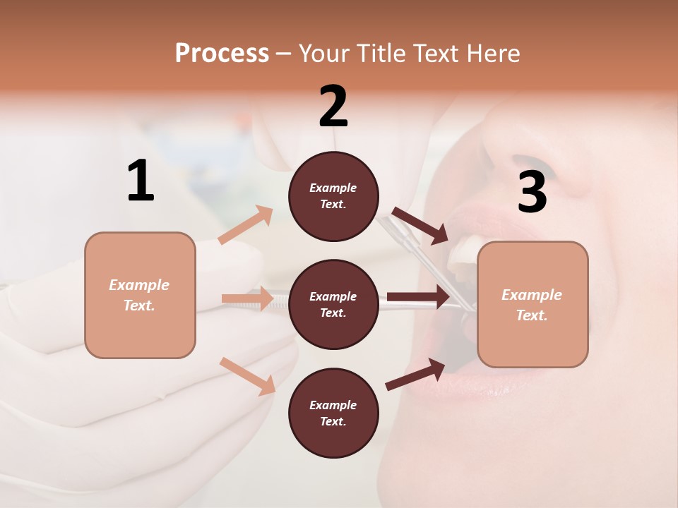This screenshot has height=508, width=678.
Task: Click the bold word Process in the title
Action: click(222, 53)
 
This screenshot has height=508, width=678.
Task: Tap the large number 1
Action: click(141, 181)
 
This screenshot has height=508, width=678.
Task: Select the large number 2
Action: click(333, 107)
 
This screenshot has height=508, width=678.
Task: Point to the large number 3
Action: click(532, 193)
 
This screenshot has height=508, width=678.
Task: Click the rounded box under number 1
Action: click(140, 295)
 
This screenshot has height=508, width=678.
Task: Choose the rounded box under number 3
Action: click(533, 305)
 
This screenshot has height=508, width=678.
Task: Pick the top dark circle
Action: click(333, 196)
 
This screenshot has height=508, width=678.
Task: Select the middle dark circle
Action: click(333, 305)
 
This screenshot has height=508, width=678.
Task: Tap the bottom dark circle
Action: click(333, 413)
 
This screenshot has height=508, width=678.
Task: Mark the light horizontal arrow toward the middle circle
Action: click(247, 298)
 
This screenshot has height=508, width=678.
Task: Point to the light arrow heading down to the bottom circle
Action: click(247, 375)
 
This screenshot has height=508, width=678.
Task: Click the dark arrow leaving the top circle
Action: click(420, 225)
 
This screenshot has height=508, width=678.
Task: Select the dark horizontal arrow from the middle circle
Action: click(418, 297)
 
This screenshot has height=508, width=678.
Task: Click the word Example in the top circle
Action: click(333, 188)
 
